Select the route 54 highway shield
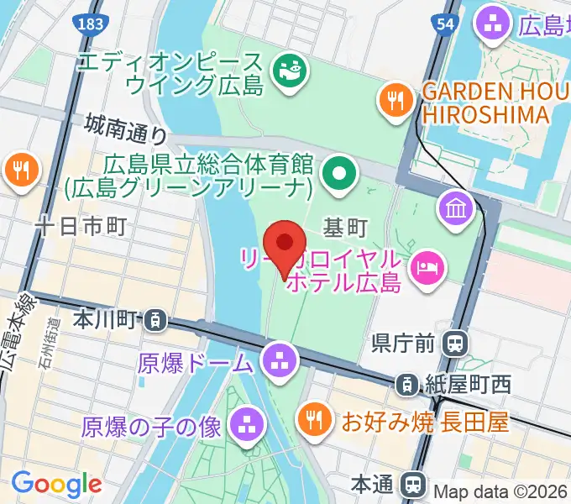446,24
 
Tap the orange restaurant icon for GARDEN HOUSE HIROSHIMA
394,101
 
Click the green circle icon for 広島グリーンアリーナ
339,175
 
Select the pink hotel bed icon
427,268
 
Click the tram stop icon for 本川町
154,319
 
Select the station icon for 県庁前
456,342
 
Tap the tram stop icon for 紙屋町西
406,385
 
